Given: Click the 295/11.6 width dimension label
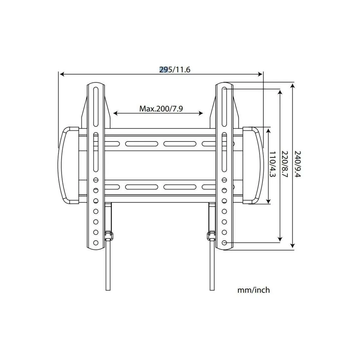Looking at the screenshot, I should [174, 70].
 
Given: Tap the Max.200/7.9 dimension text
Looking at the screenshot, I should [161, 109].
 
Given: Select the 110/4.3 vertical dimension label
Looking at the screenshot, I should [272, 164].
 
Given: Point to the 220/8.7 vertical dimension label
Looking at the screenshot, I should [285, 164].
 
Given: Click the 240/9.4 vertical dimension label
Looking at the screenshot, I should [298, 164].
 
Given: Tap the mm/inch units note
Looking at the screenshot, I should [253, 290].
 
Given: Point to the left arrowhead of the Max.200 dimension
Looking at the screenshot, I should [115, 114].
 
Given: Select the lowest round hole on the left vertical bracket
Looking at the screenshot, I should [96, 242].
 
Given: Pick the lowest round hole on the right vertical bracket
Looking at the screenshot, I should [224, 242].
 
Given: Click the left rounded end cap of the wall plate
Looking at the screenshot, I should [68, 165].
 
